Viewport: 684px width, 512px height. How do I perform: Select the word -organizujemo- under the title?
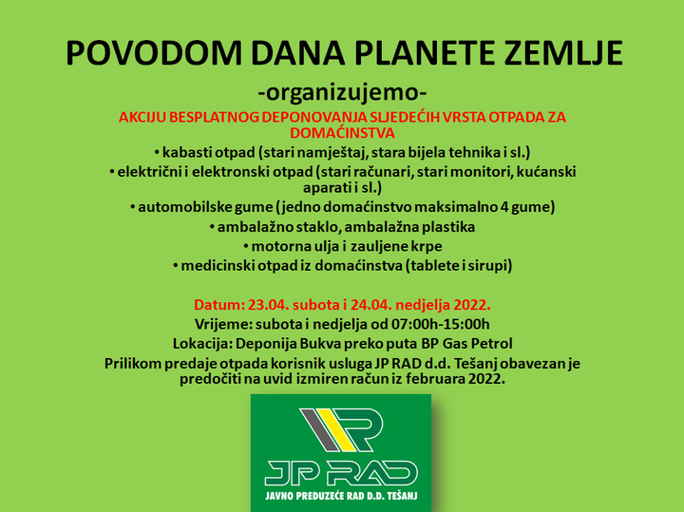point(342,93)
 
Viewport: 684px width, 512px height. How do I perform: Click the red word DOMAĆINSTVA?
point(342,133)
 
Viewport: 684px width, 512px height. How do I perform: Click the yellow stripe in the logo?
point(341,429)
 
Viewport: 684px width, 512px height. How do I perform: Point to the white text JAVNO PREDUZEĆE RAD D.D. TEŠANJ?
point(342,496)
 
